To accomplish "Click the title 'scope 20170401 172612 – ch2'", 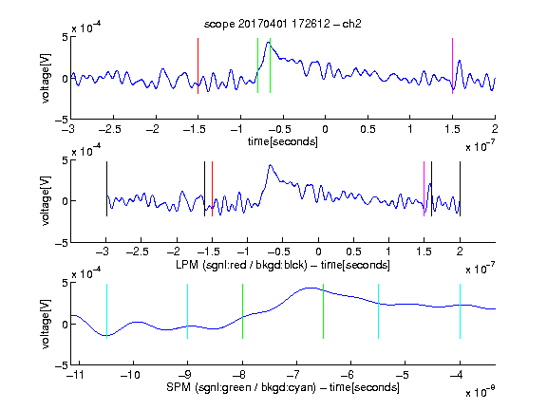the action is click(x=283, y=24).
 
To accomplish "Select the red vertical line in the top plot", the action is click(x=198, y=65).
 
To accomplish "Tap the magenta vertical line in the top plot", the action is click(x=452, y=65).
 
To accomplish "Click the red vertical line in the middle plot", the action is click(x=212, y=189).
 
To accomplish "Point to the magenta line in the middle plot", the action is click(x=424, y=189).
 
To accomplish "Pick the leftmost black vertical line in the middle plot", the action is click(x=106, y=189).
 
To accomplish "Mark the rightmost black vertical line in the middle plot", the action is click(x=460, y=189).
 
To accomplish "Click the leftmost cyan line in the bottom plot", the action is click(x=106, y=311).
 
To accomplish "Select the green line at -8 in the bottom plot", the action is click(x=242, y=311).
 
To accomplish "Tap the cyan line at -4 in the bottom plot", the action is click(x=460, y=311).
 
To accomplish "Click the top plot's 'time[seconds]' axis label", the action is click(x=283, y=141).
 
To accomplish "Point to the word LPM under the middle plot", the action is click(x=187, y=265).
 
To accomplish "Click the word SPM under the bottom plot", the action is click(x=179, y=387).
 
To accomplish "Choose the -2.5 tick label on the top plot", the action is click(x=110, y=129).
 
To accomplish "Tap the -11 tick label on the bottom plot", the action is click(x=77, y=375).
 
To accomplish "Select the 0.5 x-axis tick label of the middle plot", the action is click(x=353, y=252).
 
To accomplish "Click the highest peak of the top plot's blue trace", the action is click(x=268, y=42).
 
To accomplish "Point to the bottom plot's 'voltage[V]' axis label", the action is click(x=46, y=324).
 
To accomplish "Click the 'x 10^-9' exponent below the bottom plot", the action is click(x=481, y=392).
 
